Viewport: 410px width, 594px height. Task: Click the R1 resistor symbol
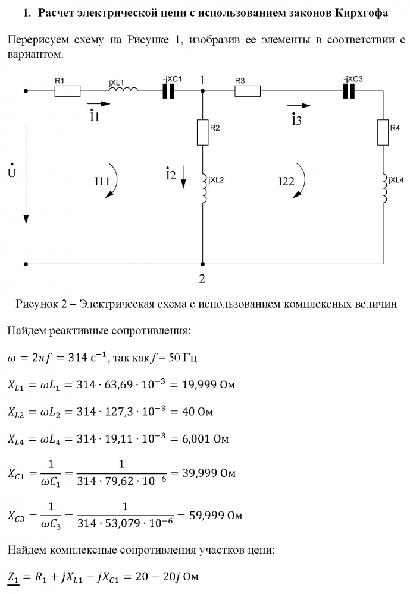point(67,91)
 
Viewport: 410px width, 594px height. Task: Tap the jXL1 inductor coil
point(123,89)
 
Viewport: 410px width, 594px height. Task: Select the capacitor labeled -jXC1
point(168,91)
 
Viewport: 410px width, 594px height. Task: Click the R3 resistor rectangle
point(248,91)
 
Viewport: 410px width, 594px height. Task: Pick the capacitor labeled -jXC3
point(349,91)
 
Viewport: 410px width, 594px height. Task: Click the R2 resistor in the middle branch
point(203,132)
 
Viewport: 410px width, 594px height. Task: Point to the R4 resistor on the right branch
point(383,132)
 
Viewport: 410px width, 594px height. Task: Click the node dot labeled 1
point(203,91)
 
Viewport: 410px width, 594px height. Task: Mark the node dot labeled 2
point(203,264)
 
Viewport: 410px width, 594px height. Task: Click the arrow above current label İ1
point(99,103)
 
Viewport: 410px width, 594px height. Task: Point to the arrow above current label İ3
point(299,106)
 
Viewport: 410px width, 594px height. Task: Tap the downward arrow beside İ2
point(183,176)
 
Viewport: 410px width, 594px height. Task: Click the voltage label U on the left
point(12,172)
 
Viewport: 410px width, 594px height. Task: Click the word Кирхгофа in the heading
point(362,13)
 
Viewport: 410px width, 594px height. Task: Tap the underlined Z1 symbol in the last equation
point(14,578)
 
